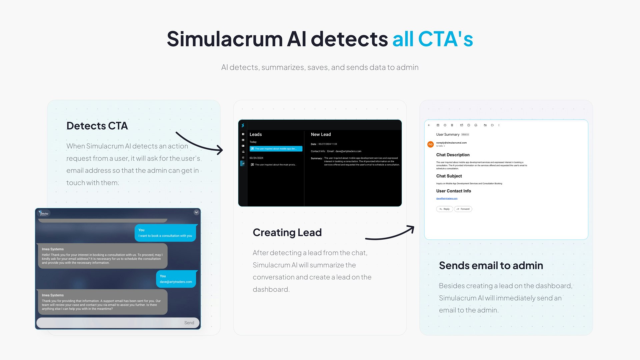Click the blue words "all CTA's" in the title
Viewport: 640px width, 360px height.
(x=432, y=39)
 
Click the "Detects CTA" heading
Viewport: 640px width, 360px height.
(x=97, y=126)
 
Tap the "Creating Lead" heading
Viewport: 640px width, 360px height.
(x=287, y=232)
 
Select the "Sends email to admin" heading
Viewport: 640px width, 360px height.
(x=491, y=265)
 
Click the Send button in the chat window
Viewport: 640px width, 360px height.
(x=189, y=323)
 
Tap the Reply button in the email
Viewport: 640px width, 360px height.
(x=445, y=209)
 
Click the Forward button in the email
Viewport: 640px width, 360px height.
(x=463, y=209)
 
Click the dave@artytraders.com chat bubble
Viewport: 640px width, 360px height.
(x=176, y=279)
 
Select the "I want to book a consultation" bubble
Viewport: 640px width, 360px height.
(x=165, y=233)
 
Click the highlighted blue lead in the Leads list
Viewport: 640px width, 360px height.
(x=276, y=149)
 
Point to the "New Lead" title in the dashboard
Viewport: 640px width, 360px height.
(x=321, y=134)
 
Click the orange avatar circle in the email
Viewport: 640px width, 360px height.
(x=430, y=144)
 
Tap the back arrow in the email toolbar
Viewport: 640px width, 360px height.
(x=429, y=125)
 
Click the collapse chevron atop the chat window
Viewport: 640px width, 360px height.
(x=196, y=212)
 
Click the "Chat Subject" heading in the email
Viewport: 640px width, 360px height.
(x=449, y=176)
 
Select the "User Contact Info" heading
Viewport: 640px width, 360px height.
(x=453, y=191)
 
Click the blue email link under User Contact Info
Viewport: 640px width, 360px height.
(x=447, y=198)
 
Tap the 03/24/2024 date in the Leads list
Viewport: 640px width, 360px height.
(x=256, y=158)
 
